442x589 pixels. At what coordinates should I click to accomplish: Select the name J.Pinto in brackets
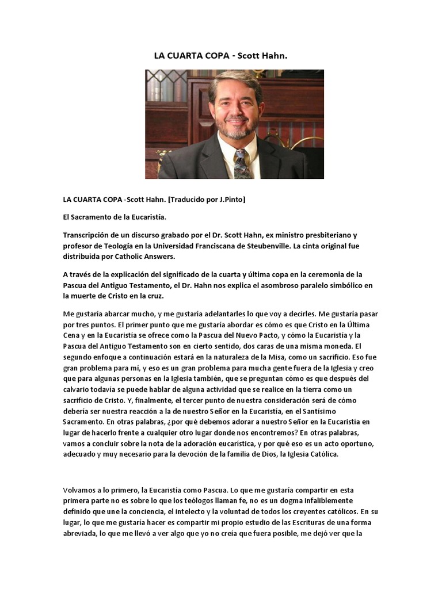point(230,199)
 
